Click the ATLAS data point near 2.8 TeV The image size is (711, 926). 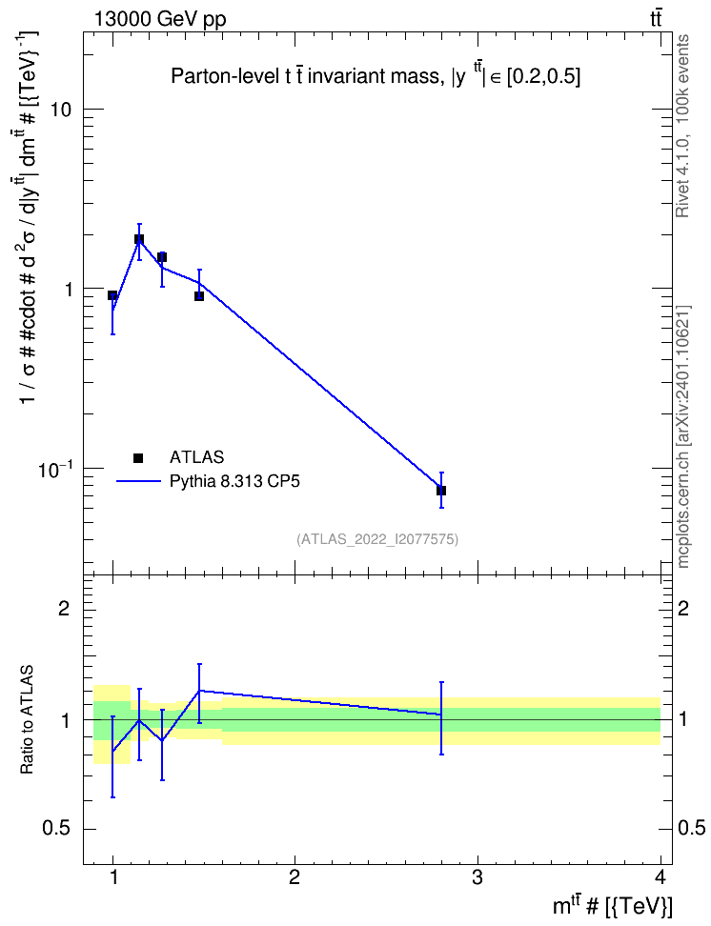(x=441, y=491)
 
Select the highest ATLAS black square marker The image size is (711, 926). (x=139, y=239)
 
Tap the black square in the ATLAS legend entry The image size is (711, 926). (x=138, y=457)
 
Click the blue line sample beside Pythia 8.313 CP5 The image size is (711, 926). (x=138, y=481)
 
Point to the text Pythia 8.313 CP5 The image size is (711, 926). (x=234, y=481)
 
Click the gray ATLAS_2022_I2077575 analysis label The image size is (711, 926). (x=377, y=538)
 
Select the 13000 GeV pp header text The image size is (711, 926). (x=159, y=19)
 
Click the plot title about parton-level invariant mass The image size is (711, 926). (x=376, y=76)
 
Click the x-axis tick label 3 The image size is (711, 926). (x=477, y=877)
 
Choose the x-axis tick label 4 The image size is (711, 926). (x=660, y=877)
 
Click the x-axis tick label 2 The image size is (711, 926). (x=295, y=877)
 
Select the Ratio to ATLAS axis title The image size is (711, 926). (x=27, y=719)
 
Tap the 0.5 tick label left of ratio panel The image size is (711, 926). (x=55, y=829)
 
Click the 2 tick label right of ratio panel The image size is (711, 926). (x=682, y=608)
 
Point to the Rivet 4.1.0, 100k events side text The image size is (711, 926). (x=682, y=126)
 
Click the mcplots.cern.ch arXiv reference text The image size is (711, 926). (x=682, y=436)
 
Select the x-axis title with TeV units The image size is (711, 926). (x=612, y=905)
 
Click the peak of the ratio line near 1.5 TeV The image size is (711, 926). (x=200, y=690)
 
